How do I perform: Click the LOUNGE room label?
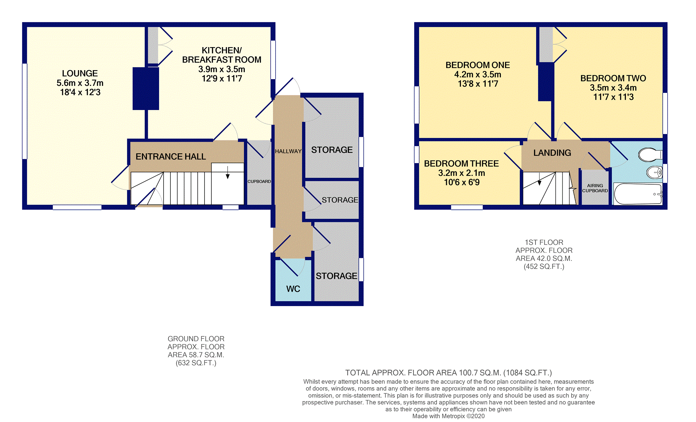point(80,73)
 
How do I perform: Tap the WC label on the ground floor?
point(293,289)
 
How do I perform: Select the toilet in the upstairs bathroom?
point(650,155)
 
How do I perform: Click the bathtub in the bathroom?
point(638,194)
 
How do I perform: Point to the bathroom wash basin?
point(654,172)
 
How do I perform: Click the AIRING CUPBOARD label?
point(595,188)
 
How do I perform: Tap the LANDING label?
point(552,153)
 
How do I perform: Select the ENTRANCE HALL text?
point(170,156)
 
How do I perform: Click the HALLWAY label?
point(288,151)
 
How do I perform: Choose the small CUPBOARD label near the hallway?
point(259,181)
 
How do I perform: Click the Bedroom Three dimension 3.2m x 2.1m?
point(462,173)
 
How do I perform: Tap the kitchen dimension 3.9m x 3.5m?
point(222,69)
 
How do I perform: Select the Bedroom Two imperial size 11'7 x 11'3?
point(613,97)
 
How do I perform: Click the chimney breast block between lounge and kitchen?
point(146,88)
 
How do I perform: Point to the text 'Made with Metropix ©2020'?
point(449,416)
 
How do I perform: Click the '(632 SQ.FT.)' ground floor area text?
point(196,363)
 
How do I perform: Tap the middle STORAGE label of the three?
point(340,200)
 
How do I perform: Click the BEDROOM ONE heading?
point(477,65)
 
